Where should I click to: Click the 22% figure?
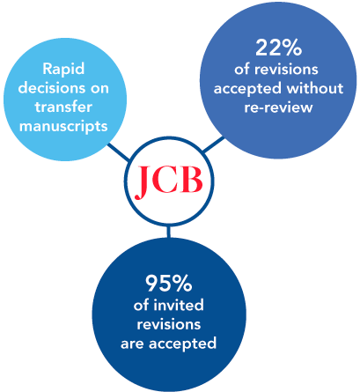click(278, 48)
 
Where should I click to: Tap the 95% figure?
click(169, 284)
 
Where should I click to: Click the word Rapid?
click(63, 70)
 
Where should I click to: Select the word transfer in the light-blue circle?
click(63, 107)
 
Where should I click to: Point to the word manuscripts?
click(63, 127)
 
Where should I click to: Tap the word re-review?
click(278, 107)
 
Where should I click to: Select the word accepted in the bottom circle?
click(183, 344)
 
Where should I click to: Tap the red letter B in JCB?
click(190, 180)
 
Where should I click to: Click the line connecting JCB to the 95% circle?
click(168, 232)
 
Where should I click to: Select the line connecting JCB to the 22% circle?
click(214, 144)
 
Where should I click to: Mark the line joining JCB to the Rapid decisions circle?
click(119, 152)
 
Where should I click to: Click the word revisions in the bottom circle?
click(169, 324)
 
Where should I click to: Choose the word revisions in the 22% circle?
click(286, 70)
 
